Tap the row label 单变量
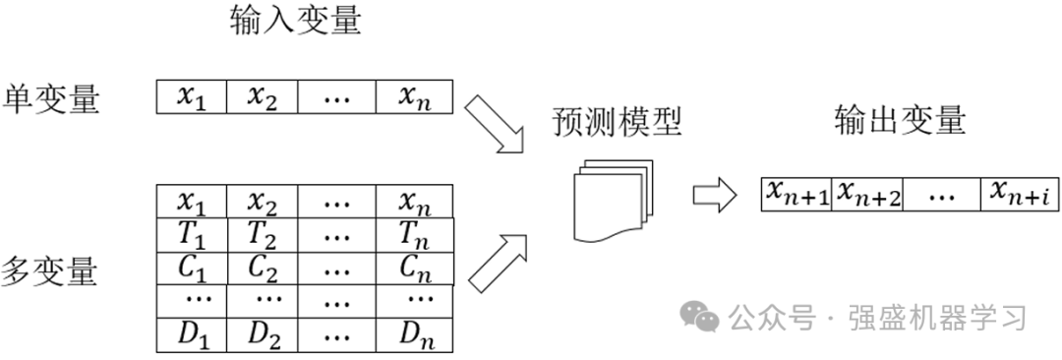pos(52,98)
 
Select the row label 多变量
pos(51,270)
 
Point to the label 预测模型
pos(618,123)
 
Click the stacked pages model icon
pos(611,201)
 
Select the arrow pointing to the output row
pos(714,195)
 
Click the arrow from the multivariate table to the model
pos(498,262)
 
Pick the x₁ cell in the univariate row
pos(192,96)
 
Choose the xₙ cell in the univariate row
pos(416,96)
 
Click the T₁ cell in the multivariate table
pos(192,235)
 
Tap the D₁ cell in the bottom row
pos(192,335)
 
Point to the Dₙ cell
pos(416,335)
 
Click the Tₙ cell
pos(416,235)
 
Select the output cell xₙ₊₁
pos(797,194)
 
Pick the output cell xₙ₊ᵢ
pos(1019,194)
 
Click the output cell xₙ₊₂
pos(867,194)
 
